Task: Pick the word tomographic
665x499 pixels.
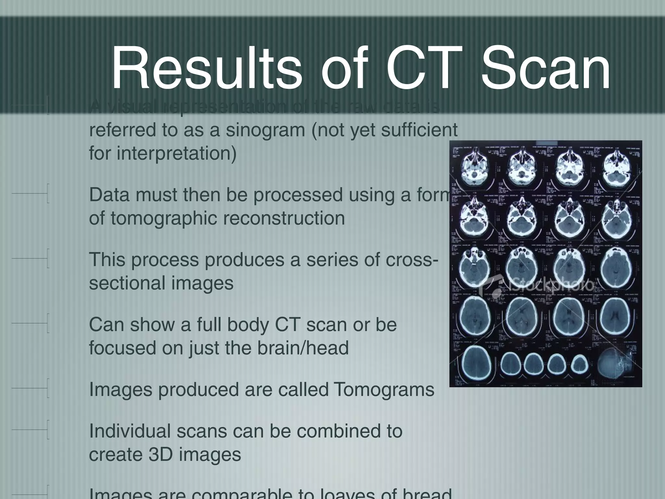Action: pyautogui.click(x=164, y=218)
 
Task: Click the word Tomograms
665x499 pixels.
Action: pyautogui.click(x=383, y=390)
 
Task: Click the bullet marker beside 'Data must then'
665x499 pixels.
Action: pyautogui.click(x=48, y=193)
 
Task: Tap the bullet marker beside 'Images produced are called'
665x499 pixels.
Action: pyautogui.click(x=48, y=388)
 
